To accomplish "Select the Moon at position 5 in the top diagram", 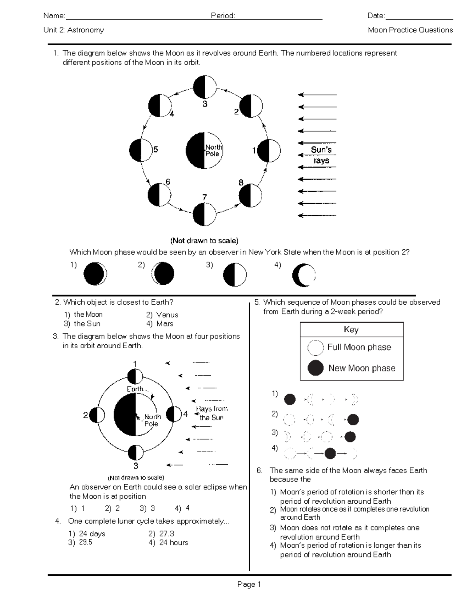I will pos(140,150).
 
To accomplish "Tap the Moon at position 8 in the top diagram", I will pos(250,196).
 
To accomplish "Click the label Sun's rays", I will pos(321,155).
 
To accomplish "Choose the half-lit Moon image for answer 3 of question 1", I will pos(235,275).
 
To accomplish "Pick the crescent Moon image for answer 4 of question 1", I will pos(304,275).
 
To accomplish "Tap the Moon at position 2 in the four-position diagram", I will pos(97,416).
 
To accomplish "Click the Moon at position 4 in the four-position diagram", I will pos(174,414).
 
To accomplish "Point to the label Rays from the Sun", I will pos(212,413).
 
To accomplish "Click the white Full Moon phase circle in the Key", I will pos(315,347).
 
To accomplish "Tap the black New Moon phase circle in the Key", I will pos(315,368).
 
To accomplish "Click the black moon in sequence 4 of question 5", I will pos(330,453).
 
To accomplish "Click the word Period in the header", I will pos(223,16).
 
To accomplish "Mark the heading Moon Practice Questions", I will pos(410,30).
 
